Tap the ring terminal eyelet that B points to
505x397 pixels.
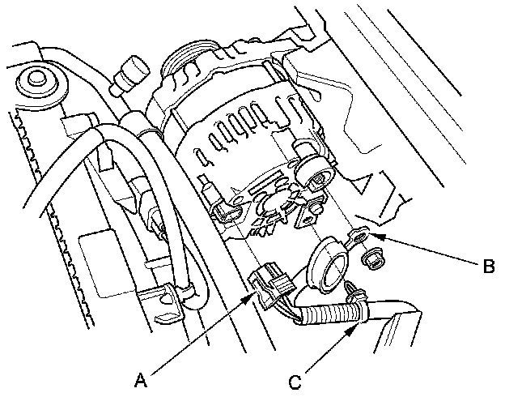355,237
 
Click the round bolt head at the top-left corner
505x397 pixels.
36,81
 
